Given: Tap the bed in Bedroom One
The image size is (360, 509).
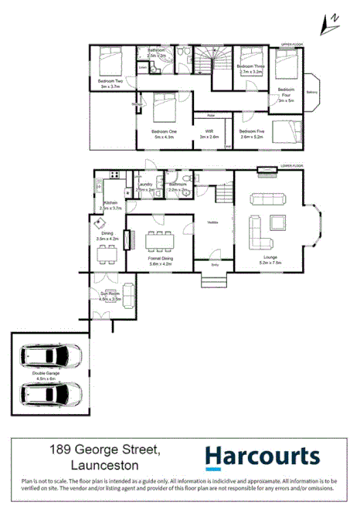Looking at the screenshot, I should (162, 109).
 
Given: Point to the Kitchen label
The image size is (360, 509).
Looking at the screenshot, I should (110, 203).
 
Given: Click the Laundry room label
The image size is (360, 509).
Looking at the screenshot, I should (144, 185).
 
